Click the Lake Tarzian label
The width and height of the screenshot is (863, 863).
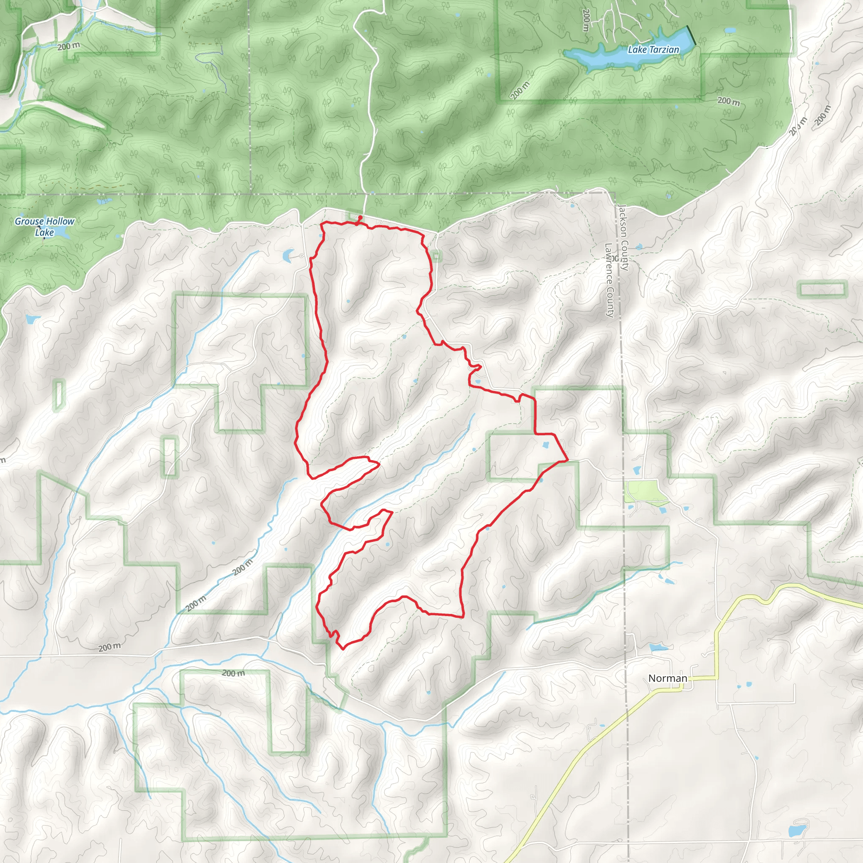[x=653, y=50]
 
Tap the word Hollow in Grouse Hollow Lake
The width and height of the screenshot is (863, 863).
[x=60, y=221]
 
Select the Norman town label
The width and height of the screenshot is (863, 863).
[x=667, y=678]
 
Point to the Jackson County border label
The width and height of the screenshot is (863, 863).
[x=624, y=238]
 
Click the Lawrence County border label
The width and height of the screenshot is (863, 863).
[x=609, y=280]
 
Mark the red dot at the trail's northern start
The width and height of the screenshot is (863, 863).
[x=360, y=217]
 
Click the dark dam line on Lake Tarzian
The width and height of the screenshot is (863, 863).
[x=691, y=35]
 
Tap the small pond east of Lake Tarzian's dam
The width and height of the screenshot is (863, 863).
[x=729, y=31]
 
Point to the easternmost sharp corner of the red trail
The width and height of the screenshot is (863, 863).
[x=567, y=459]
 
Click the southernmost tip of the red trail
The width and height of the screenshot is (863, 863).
[x=342, y=648]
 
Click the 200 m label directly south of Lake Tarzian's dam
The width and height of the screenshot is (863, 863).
[x=729, y=102]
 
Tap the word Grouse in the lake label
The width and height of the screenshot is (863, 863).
[x=29, y=221]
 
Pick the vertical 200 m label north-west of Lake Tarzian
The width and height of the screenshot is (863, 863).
[x=586, y=20]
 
